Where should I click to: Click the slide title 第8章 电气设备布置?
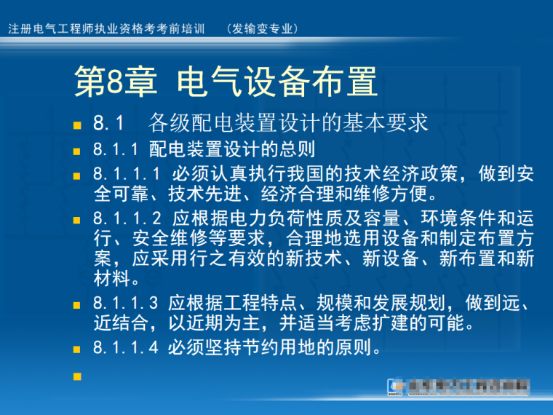(x=226, y=82)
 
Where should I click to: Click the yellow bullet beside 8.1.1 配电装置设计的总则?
(x=77, y=151)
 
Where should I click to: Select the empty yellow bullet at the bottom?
(x=77, y=376)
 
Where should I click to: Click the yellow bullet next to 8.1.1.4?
(x=77, y=349)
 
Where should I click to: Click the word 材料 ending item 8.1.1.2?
(x=111, y=277)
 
